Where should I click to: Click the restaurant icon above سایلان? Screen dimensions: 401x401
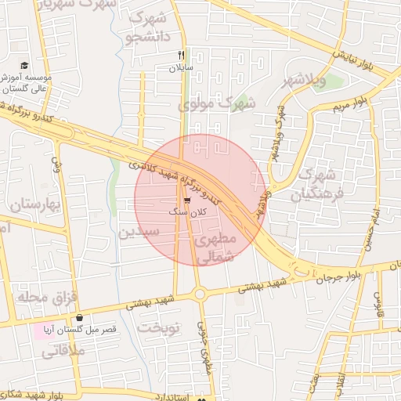tap(182, 55)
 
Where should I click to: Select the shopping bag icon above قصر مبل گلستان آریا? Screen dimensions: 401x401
tap(81, 318)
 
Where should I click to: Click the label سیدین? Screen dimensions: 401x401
tap(139, 232)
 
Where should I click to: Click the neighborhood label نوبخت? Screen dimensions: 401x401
tap(160, 327)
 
